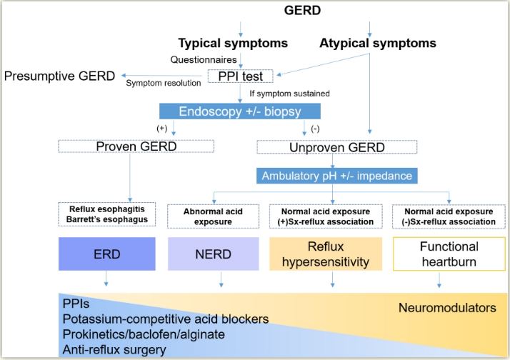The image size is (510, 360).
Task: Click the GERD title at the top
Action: tap(302, 11)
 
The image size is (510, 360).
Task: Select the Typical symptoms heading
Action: tap(233, 44)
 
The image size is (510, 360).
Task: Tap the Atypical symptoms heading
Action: tap(378, 44)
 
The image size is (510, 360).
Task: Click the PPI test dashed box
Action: tap(240, 76)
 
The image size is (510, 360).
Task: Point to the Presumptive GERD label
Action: tap(59, 76)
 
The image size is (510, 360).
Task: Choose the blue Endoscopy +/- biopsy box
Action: tap(240, 111)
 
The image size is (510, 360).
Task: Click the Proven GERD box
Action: tap(136, 146)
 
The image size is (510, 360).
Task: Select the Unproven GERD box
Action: tap(337, 147)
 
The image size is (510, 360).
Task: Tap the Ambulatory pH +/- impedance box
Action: tap(337, 176)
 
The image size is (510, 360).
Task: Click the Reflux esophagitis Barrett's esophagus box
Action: tap(107, 214)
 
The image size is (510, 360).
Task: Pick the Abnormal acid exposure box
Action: tap(213, 216)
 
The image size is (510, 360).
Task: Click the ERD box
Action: tap(107, 254)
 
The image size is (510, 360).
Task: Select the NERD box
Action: tap(214, 254)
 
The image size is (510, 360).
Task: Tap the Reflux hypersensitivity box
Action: tap(326, 254)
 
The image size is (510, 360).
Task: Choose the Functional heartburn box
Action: tap(449, 254)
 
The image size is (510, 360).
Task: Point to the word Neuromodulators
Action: tap(447, 308)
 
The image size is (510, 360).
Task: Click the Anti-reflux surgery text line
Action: tap(114, 350)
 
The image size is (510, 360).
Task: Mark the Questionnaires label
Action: tap(204, 60)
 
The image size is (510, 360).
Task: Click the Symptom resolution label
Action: tap(164, 84)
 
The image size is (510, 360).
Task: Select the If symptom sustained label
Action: tap(289, 94)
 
